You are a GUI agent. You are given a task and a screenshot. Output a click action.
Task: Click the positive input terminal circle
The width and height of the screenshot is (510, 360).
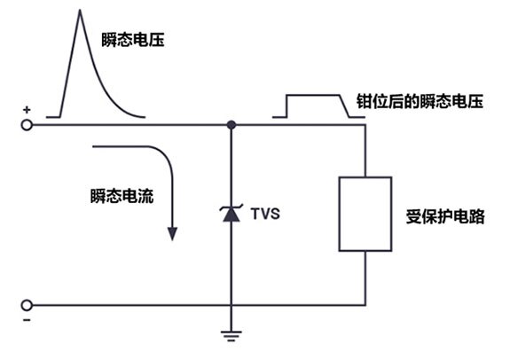point(27,125)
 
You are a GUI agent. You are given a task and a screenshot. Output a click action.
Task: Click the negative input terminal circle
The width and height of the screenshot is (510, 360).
point(27,305)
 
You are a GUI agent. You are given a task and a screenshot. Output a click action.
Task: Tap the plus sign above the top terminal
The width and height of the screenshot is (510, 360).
point(27,110)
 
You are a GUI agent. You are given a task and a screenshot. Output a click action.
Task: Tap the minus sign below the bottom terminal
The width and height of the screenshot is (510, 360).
point(27,320)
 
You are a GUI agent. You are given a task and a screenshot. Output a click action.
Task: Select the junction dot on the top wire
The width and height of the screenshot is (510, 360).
point(231,125)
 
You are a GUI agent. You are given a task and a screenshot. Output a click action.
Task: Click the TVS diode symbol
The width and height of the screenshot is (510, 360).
point(231,213)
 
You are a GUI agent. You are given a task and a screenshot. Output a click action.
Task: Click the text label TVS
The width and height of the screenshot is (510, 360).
point(265,214)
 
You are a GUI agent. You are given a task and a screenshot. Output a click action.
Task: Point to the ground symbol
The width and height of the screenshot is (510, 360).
point(231,336)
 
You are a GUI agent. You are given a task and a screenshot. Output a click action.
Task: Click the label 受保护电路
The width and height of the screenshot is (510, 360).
point(445,216)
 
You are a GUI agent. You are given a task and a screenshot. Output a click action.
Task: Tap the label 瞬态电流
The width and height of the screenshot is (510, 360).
point(122,196)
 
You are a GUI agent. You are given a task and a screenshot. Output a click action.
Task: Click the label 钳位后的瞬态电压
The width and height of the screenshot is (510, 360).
point(420,101)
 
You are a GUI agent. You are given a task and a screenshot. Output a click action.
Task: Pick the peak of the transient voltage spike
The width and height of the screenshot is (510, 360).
point(80,10)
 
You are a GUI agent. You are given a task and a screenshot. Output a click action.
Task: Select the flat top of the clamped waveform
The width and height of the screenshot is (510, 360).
point(313,95)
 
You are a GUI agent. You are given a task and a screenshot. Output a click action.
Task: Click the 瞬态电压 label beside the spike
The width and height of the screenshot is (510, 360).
point(133,40)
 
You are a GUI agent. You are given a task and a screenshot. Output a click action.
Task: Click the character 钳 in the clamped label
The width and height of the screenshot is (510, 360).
point(365,101)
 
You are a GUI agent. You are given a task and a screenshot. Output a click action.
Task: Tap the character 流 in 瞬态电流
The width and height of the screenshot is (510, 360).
point(145,196)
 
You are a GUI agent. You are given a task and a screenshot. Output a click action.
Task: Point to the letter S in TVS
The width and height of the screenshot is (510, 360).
point(275,214)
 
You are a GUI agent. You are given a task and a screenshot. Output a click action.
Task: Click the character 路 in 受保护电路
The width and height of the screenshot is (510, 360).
point(477,216)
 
